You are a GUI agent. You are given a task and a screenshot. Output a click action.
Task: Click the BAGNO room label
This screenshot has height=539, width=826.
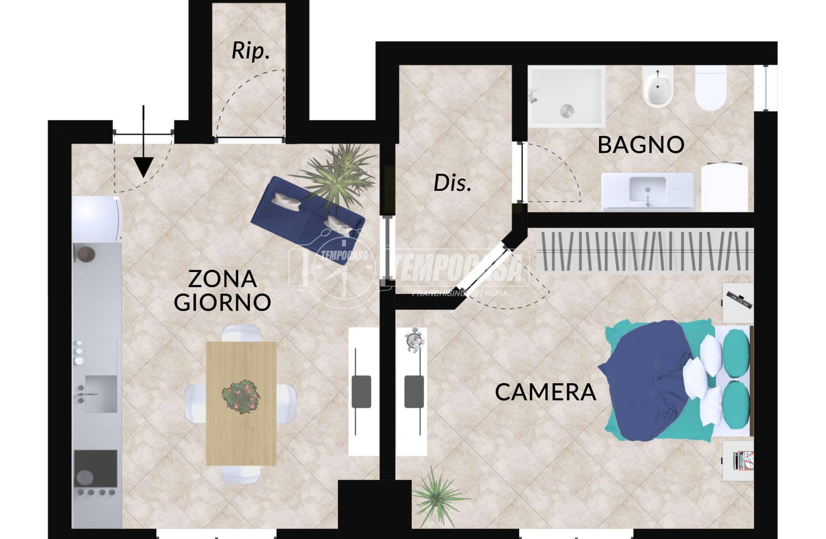point(640,144)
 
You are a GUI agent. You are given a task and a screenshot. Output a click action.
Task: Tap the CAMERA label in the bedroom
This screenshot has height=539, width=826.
point(545,392)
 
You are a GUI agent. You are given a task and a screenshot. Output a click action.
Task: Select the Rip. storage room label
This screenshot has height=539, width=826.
point(250,51)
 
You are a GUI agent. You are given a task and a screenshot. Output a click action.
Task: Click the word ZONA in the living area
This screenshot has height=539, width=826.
point(222,279)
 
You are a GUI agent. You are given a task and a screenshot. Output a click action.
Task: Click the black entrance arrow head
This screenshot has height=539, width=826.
point(144,167)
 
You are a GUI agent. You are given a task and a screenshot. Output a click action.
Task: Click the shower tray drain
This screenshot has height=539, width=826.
point(566,111)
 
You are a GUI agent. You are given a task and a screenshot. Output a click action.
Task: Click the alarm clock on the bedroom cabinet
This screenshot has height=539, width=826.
point(413,339)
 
